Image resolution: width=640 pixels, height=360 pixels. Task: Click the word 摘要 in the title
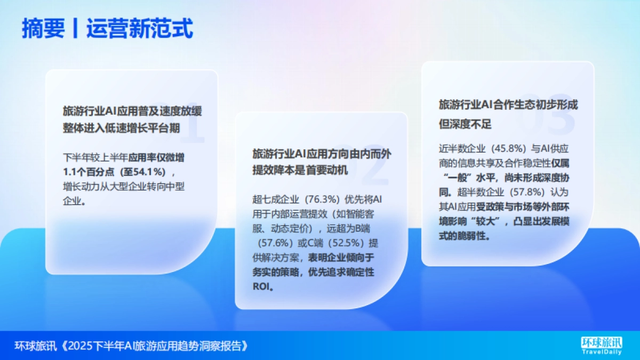tap(43, 29)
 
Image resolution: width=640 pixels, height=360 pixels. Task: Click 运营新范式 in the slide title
tap(139, 29)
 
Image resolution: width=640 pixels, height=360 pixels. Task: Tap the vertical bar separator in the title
tap(76, 29)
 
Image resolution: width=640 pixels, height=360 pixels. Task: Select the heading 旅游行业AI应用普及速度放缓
tap(132, 111)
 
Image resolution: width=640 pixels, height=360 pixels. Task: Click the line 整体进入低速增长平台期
tap(122, 128)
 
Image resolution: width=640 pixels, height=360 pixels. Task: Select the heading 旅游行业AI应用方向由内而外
tap(322, 154)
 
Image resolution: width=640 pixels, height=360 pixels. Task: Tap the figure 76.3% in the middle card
tap(323, 200)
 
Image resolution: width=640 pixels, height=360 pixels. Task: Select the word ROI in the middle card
tap(261, 286)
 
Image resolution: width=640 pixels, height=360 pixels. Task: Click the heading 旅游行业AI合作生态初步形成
tap(508, 105)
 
